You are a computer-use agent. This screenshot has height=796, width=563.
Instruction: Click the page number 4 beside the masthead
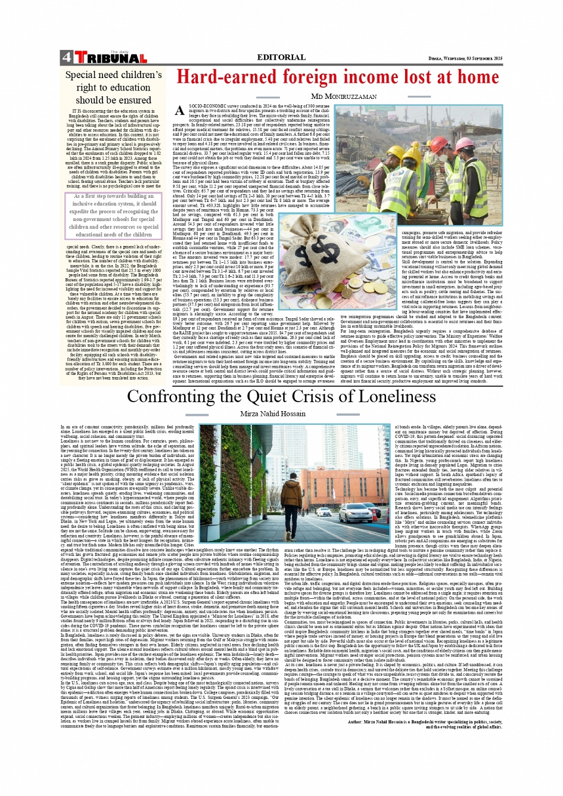click(66, 58)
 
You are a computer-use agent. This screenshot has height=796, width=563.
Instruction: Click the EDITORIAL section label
click(281, 57)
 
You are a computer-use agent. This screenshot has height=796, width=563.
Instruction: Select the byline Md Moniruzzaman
click(344, 96)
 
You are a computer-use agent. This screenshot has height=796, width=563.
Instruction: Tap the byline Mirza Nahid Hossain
click(273, 413)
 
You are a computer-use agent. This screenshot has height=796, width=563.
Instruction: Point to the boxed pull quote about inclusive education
click(113, 215)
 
